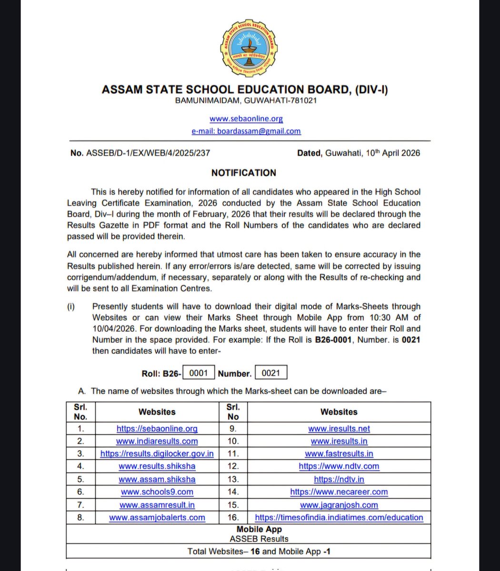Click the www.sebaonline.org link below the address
point(246,118)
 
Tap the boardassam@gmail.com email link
point(246,131)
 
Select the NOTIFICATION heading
point(244,173)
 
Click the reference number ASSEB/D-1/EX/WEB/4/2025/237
point(148,153)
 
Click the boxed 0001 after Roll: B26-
point(199,373)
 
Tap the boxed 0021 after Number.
point(271,373)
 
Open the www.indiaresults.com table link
point(157,441)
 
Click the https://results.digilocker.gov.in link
point(157,454)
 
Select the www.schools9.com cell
point(157,492)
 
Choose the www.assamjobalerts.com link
point(157,517)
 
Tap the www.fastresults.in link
point(339,454)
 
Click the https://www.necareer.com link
point(339,492)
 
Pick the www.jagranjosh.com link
point(339,505)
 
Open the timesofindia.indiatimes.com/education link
point(339,517)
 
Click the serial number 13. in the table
point(233,479)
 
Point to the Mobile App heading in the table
point(259,529)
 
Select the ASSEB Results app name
point(259,539)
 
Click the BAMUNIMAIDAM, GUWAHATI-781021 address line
point(246,100)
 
